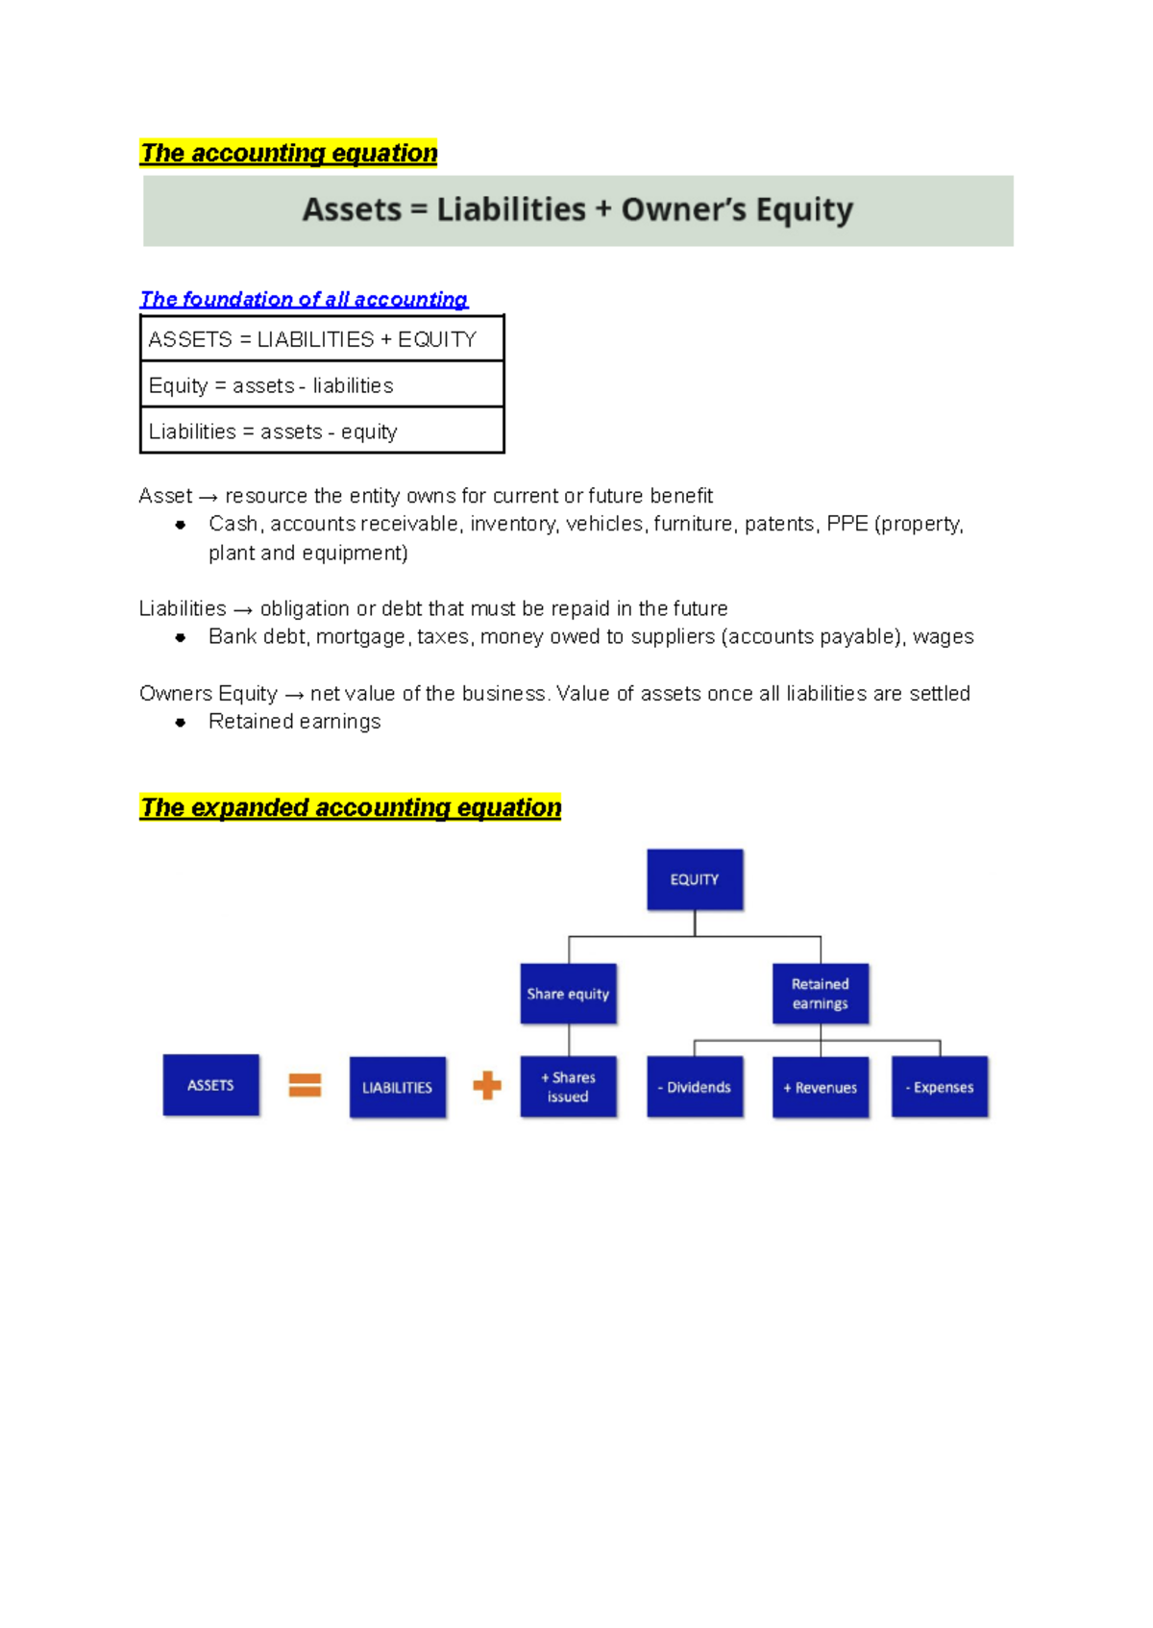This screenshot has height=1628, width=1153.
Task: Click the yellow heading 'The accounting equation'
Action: pyautogui.click(x=288, y=153)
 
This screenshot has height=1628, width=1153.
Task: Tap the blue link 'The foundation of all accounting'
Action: pyautogui.click(x=304, y=299)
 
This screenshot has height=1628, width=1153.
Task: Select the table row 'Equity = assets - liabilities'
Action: pyautogui.click(x=322, y=385)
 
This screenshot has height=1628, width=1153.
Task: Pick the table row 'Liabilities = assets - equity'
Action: pyautogui.click(x=322, y=432)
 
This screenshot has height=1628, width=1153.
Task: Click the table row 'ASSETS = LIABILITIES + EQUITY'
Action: pyautogui.click(x=322, y=339)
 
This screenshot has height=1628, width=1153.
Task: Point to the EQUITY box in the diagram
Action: pyautogui.click(x=695, y=879)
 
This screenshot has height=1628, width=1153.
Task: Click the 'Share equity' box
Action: pyautogui.click(x=568, y=994)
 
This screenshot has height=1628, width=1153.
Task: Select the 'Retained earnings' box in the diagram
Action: pyautogui.click(x=821, y=994)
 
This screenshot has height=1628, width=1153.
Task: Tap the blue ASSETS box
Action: pyautogui.click(x=210, y=1085)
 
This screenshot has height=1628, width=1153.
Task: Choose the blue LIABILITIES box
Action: pyautogui.click(x=397, y=1087)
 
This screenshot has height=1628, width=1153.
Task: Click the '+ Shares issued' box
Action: pyautogui.click(x=568, y=1087)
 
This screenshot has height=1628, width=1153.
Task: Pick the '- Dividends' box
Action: pyautogui.click(x=695, y=1087)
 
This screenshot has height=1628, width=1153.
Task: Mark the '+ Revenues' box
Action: pyautogui.click(x=821, y=1087)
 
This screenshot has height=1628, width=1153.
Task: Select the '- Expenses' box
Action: pyautogui.click(x=940, y=1087)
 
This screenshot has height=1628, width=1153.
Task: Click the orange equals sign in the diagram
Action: pyautogui.click(x=305, y=1085)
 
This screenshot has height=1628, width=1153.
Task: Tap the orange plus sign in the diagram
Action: pyautogui.click(x=487, y=1085)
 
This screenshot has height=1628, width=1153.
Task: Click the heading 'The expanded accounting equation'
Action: pyautogui.click(x=351, y=807)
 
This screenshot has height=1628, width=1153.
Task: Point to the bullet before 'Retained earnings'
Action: pyautogui.click(x=180, y=722)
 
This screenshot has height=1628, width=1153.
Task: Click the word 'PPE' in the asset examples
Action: pyautogui.click(x=846, y=524)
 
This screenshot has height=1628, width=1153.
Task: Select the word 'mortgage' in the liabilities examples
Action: pyautogui.click(x=360, y=637)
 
